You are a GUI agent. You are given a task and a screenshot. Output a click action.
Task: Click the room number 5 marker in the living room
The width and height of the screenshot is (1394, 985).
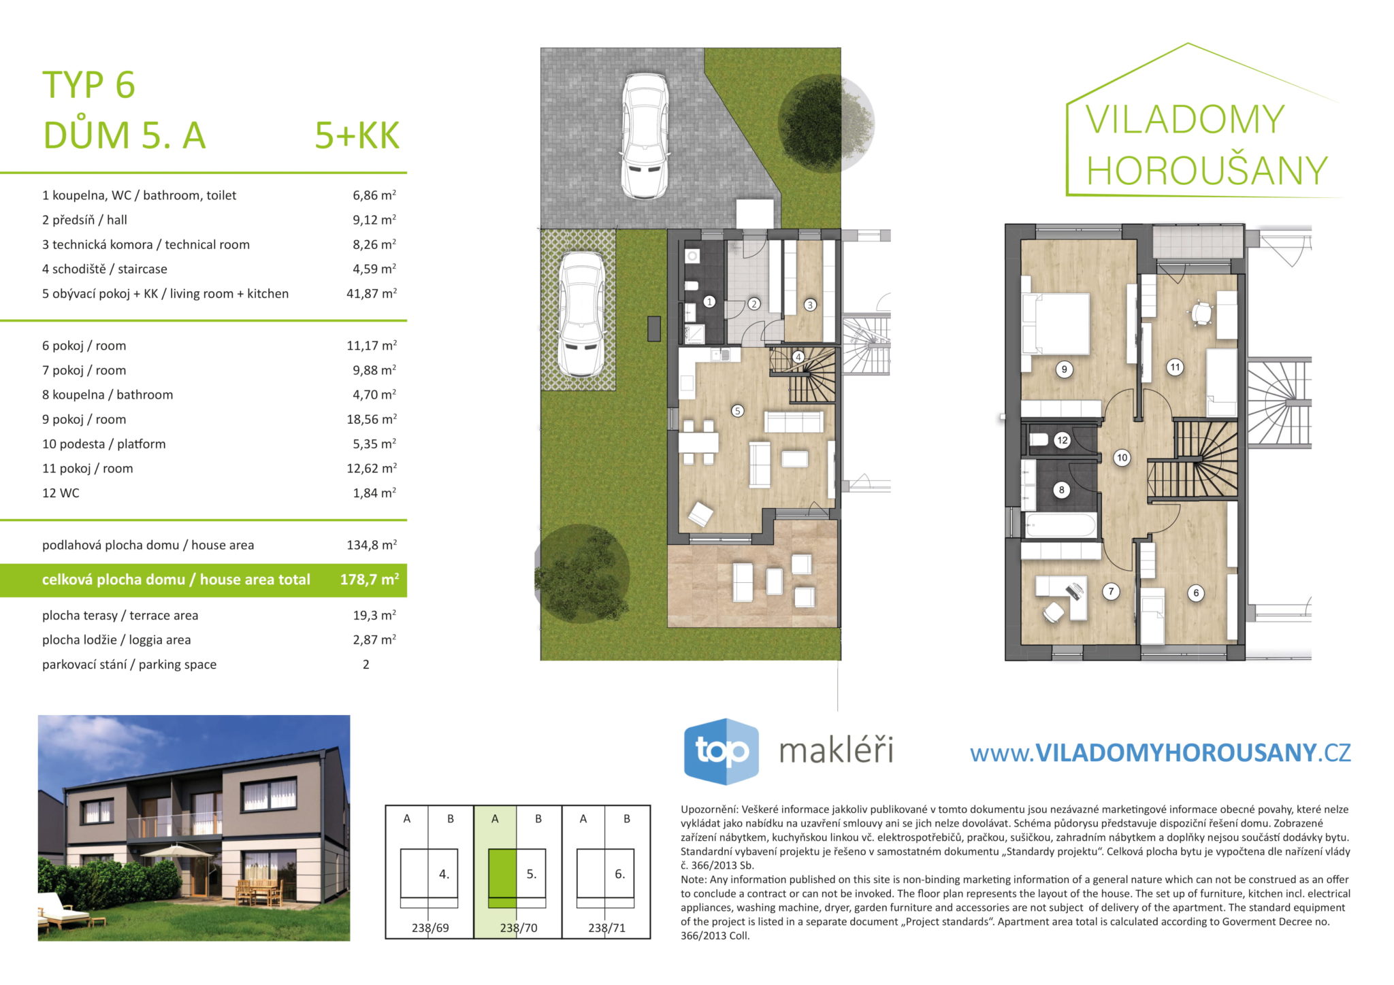coord(737,411)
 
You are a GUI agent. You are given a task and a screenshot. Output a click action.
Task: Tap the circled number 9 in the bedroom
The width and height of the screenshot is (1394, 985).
coord(1064,369)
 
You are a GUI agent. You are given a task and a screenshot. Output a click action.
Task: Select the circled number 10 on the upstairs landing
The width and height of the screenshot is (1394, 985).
coord(1122,458)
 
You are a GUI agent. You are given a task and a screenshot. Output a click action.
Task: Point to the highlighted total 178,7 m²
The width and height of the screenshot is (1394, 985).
coord(370,580)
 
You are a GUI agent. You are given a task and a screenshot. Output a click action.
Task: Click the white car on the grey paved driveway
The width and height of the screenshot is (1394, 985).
coord(645,136)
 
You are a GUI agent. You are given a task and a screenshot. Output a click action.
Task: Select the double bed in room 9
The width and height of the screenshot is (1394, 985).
coord(1056,324)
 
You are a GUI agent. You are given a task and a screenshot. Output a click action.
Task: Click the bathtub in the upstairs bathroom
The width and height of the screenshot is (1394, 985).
coord(1060,526)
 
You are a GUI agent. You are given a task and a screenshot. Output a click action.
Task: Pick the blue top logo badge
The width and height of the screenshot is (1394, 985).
coord(721,751)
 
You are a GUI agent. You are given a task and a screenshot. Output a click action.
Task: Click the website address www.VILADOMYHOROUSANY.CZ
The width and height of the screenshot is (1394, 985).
coord(1160,752)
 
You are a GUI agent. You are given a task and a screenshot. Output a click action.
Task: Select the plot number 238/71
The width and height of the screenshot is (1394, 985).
coord(606,927)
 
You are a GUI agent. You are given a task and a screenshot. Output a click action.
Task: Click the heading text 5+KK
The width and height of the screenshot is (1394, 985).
coord(357,135)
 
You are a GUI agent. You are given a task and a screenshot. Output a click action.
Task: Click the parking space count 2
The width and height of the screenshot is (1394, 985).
coord(366,665)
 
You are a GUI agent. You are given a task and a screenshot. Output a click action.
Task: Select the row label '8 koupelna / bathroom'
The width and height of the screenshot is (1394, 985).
coord(108,395)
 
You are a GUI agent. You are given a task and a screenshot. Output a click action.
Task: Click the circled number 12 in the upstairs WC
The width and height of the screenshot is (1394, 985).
coord(1063,440)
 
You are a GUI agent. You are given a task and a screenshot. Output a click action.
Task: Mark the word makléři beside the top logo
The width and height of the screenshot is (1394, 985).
coord(836,751)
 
